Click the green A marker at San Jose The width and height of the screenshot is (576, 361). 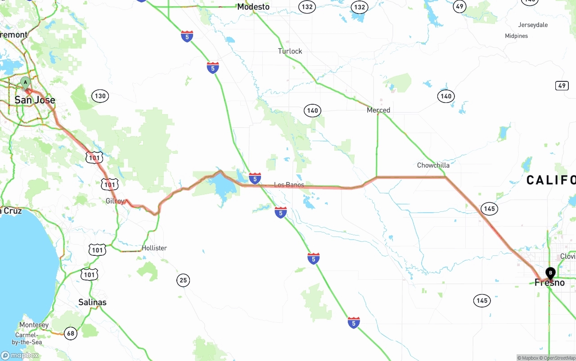coord(26,82)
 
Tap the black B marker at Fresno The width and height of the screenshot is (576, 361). coord(550,272)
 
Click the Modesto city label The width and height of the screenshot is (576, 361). coord(253,7)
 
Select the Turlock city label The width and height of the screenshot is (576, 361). coord(290,51)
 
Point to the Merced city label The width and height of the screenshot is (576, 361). coord(378,110)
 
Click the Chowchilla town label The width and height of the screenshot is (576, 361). coord(433,165)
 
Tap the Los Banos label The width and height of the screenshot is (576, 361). coord(289,185)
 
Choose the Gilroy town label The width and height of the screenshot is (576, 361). coord(115,201)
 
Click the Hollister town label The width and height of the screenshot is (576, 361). coord(154,248)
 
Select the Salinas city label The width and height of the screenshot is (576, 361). coord(92,302)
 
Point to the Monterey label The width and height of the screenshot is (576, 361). coord(34,325)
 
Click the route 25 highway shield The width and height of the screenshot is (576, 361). coord(183,281)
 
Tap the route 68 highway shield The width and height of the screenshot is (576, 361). coord(71,333)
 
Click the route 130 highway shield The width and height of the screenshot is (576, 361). coord(100,96)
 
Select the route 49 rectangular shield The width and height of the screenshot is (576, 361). coord(562,85)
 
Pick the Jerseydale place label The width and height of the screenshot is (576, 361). coord(533,25)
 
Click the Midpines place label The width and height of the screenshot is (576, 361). coord(516,36)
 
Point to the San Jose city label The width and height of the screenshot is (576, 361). coord(35,100)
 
